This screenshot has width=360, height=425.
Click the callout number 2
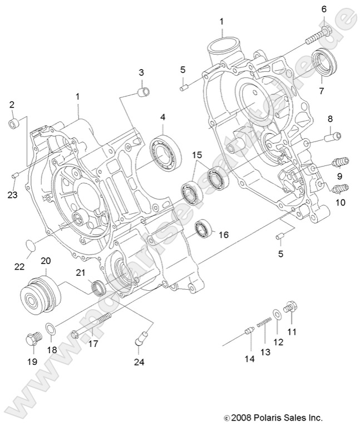pos(12,104)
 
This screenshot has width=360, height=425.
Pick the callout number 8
pos(329,119)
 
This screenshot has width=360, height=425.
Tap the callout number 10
pos(339,203)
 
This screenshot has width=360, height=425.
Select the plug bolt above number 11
pos(288,306)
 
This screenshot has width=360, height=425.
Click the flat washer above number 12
pos(277,314)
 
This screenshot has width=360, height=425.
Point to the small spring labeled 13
pos(265,322)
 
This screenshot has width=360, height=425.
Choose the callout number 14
pos(249,359)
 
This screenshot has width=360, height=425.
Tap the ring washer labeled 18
pos(50,330)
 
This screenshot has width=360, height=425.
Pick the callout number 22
pos(19,267)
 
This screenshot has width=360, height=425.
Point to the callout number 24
pos(138,363)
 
